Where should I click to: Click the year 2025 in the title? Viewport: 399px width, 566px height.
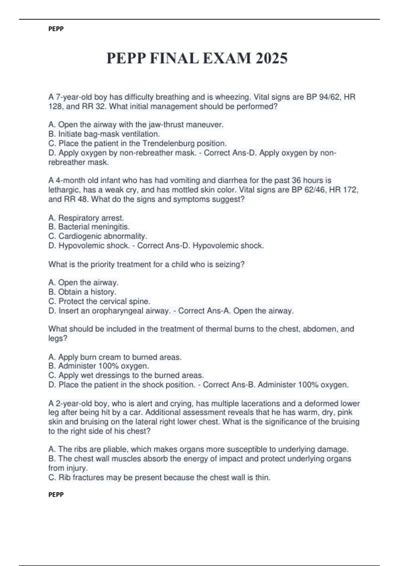(272, 59)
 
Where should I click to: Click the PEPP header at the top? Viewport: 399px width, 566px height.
(56, 29)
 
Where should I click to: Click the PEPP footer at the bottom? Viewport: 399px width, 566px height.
(56, 495)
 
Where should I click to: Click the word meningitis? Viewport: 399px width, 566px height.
(110, 227)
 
